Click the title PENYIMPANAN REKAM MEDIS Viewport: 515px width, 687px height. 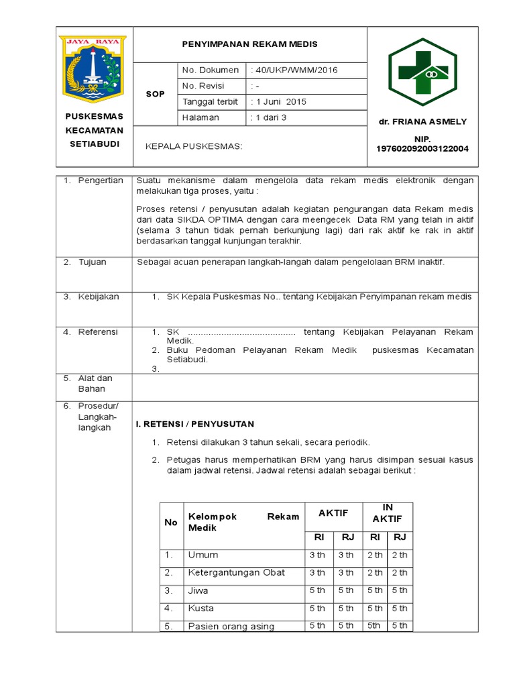click(x=250, y=44)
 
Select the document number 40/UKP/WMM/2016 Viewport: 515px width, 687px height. click(x=294, y=70)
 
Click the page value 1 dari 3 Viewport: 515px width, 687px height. click(x=268, y=117)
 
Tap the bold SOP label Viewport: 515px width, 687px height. click(x=156, y=94)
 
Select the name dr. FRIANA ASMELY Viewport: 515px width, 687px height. click(x=422, y=121)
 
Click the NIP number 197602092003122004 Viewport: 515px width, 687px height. click(x=422, y=148)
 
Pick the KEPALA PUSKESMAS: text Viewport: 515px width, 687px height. click(x=194, y=146)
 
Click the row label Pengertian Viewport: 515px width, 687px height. click(x=101, y=180)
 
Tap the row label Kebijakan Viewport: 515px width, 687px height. click(x=99, y=297)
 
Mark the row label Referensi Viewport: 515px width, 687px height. click(x=98, y=331)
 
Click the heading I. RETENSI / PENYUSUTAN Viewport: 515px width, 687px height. click(x=195, y=424)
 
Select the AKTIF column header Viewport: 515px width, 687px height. click(x=333, y=513)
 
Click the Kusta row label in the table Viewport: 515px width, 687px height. click(x=201, y=609)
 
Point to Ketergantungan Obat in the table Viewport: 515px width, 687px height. click(x=237, y=572)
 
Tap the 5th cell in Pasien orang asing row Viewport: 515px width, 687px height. click(x=375, y=626)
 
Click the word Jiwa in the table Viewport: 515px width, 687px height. click(x=198, y=590)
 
